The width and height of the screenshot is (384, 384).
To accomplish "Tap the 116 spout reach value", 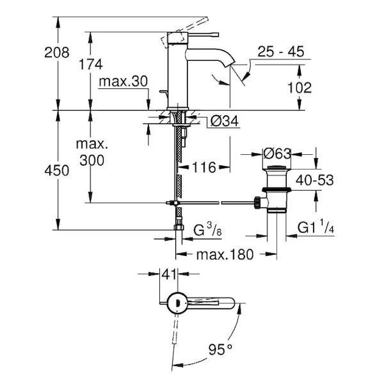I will (204, 168).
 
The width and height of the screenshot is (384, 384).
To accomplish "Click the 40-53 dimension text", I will (315, 181).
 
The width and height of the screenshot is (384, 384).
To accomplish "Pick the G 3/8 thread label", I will (209, 229).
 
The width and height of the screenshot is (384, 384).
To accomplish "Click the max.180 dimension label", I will (223, 254).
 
